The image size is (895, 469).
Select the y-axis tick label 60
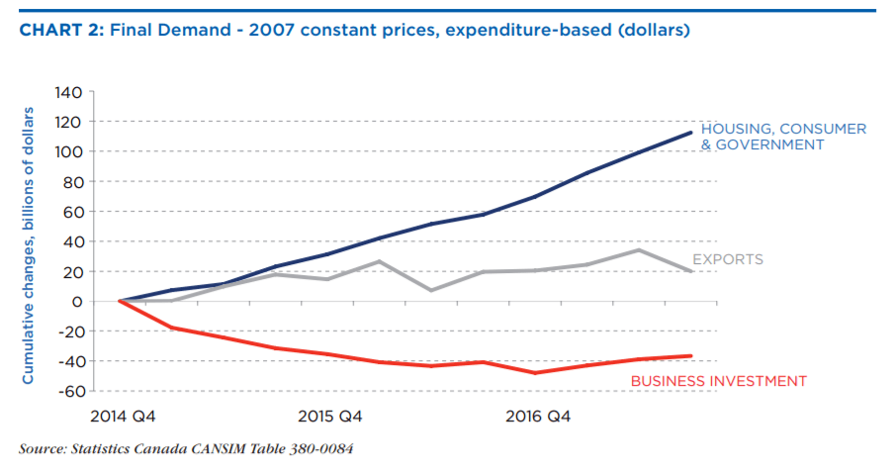pyautogui.click(x=71, y=212)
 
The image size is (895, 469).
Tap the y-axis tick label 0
pyautogui.click(x=76, y=301)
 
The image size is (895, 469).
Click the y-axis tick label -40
pyautogui.click(x=68, y=361)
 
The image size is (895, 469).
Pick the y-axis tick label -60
pyautogui.click(x=68, y=391)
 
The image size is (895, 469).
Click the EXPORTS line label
pyautogui.click(x=727, y=260)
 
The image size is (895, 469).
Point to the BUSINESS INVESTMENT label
pyautogui.click(x=719, y=381)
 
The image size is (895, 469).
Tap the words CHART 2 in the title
pyautogui.click(x=59, y=30)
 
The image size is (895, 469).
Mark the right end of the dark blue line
pyautogui.click(x=690, y=133)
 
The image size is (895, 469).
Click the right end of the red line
pyautogui.click(x=690, y=356)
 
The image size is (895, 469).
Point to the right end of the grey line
pyautogui.click(x=690, y=271)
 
